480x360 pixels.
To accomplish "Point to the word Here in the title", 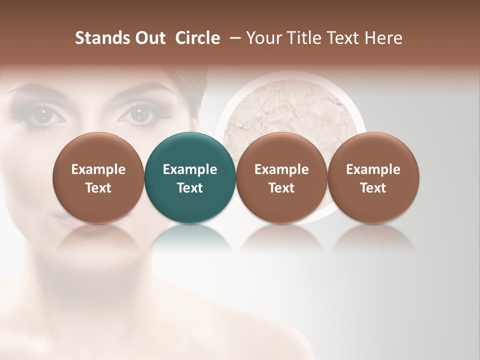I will pyautogui.click(x=385, y=38).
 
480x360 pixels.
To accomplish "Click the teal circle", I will pyautogui.click(x=190, y=177).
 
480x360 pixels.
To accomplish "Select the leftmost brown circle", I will pyautogui.click(x=98, y=177).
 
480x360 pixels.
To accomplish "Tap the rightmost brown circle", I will pyautogui.click(x=373, y=177).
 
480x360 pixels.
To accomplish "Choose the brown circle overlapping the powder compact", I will pyautogui.click(x=281, y=177).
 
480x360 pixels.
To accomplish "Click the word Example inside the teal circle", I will pyautogui.click(x=190, y=169).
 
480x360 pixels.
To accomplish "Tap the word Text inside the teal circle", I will pyautogui.click(x=190, y=188).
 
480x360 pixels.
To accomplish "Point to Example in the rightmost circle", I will pyautogui.click(x=373, y=169).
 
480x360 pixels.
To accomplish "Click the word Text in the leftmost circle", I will pyautogui.click(x=98, y=188).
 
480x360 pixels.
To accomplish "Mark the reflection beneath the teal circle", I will pyautogui.click(x=190, y=237).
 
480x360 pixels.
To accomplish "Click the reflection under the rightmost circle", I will pyautogui.click(x=373, y=237).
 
